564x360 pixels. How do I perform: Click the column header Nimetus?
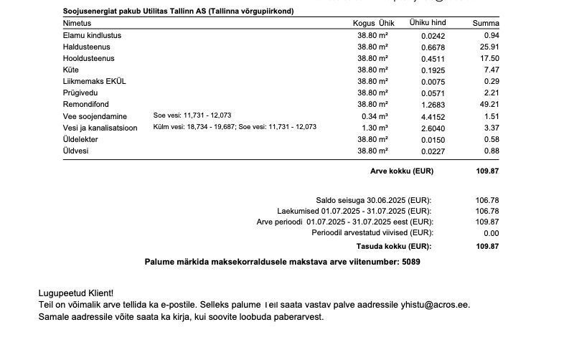click(x=77, y=24)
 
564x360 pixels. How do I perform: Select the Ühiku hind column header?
click(x=428, y=23)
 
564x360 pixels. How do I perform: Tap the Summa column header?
click(x=485, y=24)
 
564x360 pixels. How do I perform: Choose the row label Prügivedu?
click(x=81, y=93)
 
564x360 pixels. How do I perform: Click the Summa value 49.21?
click(x=490, y=104)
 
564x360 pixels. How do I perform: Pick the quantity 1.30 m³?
click(x=373, y=128)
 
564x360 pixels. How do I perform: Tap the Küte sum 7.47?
click(x=492, y=70)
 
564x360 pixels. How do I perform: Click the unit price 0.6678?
click(x=433, y=47)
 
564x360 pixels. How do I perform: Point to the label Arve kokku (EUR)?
click(x=401, y=171)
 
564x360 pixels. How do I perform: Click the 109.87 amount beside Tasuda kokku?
click(x=487, y=246)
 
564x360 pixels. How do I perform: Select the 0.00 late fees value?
click(x=492, y=233)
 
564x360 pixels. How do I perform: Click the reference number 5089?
click(x=411, y=262)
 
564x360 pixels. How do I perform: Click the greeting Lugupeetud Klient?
click(x=75, y=293)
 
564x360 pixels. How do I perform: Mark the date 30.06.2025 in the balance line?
click(x=385, y=200)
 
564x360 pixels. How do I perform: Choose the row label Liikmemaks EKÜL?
click(x=94, y=81)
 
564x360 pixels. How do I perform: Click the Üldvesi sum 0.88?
click(x=492, y=151)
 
